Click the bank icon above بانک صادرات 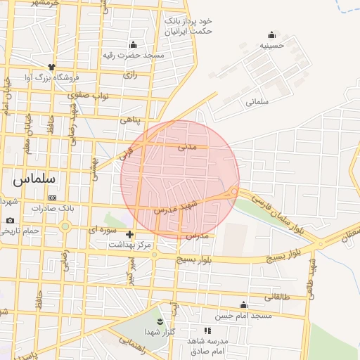click(x=51, y=198)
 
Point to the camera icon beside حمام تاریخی click(x=10, y=221)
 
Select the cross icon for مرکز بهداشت click(x=129, y=234)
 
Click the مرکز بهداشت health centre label click(x=130, y=245)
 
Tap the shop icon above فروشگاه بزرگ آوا click(x=51, y=67)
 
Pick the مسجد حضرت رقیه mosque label click(x=134, y=55)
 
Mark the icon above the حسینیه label click(x=272, y=34)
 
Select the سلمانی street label click(x=257, y=101)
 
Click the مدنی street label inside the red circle click(x=186, y=147)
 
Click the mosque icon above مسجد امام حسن click(x=243, y=304)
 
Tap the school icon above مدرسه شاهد click(x=207, y=330)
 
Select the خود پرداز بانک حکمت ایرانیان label click(x=188, y=26)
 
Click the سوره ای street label click(x=102, y=229)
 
